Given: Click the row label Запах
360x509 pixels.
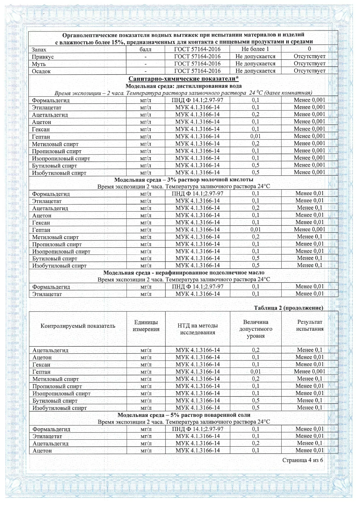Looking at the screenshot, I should tap(39, 50).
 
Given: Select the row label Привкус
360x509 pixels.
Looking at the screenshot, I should tap(43, 57).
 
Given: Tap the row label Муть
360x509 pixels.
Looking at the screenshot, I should tap(39, 64).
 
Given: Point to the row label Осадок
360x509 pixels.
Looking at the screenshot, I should tap(41, 71).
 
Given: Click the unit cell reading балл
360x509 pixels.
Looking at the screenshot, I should tap(145, 49).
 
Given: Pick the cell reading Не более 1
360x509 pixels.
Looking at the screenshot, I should tap(255, 49).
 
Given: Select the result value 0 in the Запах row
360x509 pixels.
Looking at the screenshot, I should tap(309, 49).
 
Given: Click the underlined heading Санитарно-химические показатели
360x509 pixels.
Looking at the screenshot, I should tap(183, 79).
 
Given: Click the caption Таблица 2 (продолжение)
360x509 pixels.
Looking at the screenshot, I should tap(288, 308).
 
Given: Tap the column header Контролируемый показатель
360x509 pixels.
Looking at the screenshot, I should tap(78, 326).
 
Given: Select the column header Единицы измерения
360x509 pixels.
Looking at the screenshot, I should tap(146, 326).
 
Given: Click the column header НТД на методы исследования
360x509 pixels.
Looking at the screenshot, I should tap(197, 329).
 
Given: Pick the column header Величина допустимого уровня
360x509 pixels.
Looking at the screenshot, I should tap(255, 329).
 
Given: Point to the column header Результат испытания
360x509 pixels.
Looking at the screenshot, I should tap(309, 325).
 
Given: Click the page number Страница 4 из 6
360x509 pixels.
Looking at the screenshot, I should tap(303, 460).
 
